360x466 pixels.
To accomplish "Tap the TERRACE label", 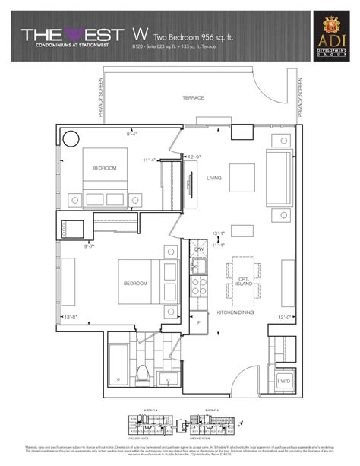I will [194, 98].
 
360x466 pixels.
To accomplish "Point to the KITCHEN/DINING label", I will [235, 312].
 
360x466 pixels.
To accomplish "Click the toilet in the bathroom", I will [142, 373].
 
